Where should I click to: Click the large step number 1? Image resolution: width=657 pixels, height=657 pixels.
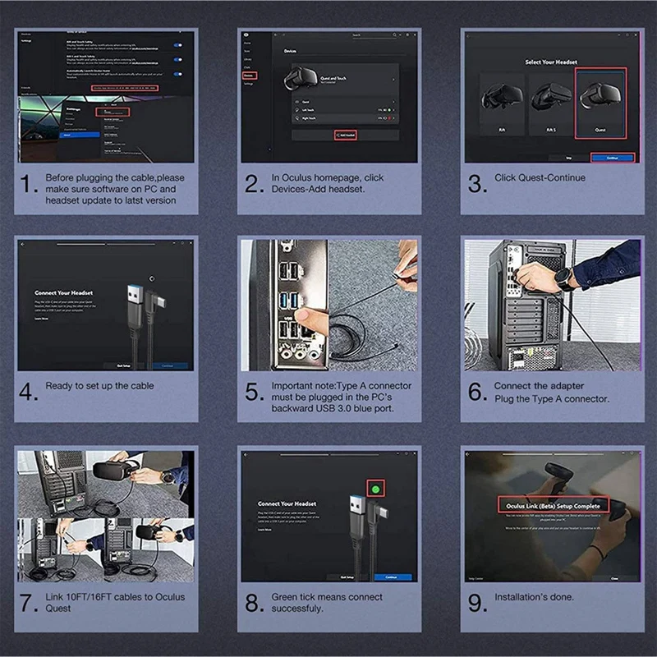tap(29, 185)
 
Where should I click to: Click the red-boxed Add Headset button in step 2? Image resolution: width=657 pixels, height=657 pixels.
tap(345, 134)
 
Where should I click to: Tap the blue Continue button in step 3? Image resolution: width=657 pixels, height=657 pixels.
tap(611, 157)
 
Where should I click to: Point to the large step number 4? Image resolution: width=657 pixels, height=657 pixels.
tap(29, 393)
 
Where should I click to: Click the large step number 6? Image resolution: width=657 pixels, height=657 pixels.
tap(477, 393)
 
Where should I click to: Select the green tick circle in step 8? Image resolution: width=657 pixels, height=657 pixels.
tap(376, 488)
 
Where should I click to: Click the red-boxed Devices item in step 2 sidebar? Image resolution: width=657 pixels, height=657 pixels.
tap(249, 76)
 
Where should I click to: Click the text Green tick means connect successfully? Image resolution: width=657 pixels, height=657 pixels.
tap(327, 603)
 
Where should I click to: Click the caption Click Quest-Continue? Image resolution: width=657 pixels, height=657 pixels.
tap(540, 178)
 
